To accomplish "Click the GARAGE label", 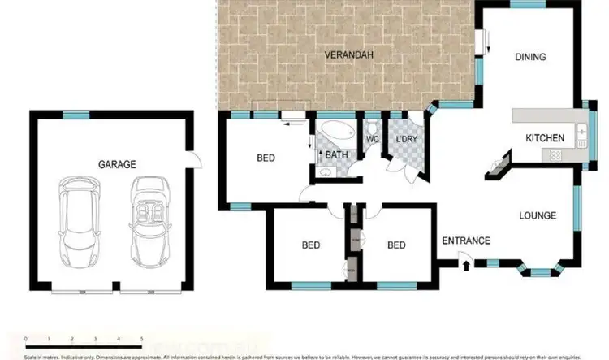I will (117, 164).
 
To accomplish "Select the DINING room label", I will (529, 57).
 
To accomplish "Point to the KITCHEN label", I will (544, 138).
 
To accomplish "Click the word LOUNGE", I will (538, 215).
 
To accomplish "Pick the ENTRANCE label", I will (466, 241).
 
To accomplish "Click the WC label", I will (372, 140).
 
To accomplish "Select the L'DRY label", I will (404, 140).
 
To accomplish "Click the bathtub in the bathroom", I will (334, 133).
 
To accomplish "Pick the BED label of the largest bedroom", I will (266, 158).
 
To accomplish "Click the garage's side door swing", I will (192, 159).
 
